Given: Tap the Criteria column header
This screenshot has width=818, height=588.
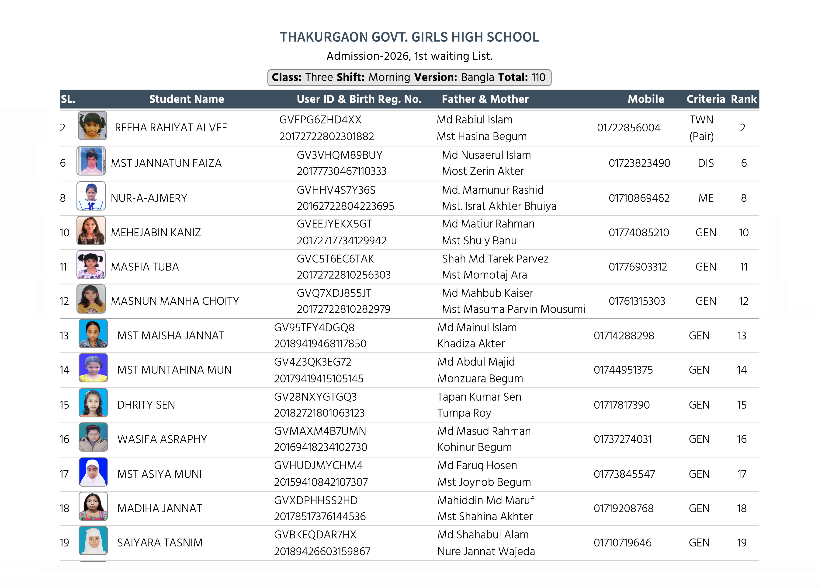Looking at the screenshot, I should point(705,99).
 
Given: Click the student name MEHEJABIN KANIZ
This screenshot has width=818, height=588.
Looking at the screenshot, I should point(156,232).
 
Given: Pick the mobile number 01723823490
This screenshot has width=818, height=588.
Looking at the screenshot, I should point(639,163).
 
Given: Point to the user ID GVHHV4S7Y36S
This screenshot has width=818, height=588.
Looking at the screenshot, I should point(336,190).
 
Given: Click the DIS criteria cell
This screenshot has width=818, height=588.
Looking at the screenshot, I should point(705,163).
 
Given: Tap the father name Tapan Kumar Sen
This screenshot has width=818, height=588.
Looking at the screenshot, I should point(479,397).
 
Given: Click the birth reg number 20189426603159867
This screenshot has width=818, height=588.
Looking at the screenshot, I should point(322,551).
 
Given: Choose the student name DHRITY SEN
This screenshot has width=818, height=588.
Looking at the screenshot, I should point(146,405).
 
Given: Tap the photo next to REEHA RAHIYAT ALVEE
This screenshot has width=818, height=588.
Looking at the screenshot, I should point(92,126).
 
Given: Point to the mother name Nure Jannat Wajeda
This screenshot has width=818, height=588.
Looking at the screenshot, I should point(486,551).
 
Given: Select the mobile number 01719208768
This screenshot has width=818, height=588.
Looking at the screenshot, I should point(623,508).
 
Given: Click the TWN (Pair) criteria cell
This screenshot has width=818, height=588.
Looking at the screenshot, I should point(701,128).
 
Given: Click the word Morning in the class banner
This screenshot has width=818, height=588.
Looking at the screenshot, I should point(389,77).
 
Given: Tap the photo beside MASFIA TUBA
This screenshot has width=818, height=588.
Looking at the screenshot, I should point(91,265).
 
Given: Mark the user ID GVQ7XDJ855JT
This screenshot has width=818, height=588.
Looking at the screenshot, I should point(334,293).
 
